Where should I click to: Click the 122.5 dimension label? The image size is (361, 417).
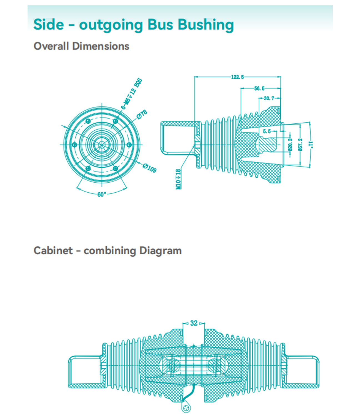[x=237, y=77]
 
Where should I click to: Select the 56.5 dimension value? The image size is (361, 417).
[x=259, y=88]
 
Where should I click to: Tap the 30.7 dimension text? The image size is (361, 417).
[x=269, y=98]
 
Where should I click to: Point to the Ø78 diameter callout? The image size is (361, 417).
[x=142, y=114]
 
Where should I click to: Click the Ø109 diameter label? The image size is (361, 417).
[x=150, y=168]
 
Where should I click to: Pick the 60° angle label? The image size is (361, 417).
[x=102, y=194]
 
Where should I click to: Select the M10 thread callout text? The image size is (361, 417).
[x=178, y=179]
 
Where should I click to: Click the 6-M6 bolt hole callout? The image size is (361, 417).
[x=132, y=94]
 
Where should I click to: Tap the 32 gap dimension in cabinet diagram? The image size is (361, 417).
[x=194, y=323]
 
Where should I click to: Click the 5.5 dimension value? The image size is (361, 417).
[x=267, y=131]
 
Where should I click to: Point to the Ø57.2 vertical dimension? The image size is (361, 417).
[x=300, y=145]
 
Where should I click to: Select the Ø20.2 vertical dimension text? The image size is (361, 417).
[x=290, y=145]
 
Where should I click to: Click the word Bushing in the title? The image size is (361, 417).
[x=205, y=24]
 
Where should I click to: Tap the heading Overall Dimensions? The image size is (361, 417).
[x=81, y=46]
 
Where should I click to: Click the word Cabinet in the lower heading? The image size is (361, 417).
[x=53, y=250]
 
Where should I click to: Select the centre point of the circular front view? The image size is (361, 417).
[x=102, y=145]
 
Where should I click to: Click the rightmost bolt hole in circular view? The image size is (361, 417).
[x=129, y=145]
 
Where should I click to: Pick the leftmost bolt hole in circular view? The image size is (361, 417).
[x=74, y=145]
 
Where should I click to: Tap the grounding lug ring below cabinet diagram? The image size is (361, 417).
[x=186, y=407]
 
